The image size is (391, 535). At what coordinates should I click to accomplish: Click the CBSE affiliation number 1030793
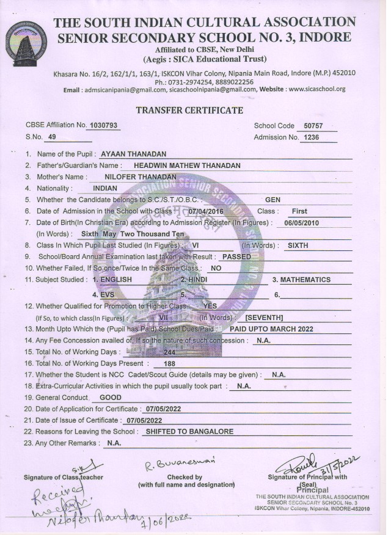pyautogui.click(x=103, y=125)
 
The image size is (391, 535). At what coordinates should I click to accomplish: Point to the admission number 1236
pyautogui.click(x=312, y=137)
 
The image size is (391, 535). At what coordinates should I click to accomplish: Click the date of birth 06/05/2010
pyautogui.click(x=294, y=222)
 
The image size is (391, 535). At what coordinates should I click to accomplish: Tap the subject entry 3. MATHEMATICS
pyautogui.click(x=301, y=280)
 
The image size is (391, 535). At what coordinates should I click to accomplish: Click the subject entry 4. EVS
pyautogui.click(x=103, y=294)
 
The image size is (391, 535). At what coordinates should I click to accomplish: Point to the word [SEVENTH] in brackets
pyautogui.click(x=264, y=318)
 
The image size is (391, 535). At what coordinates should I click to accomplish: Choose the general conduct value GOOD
pyautogui.click(x=111, y=397)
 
